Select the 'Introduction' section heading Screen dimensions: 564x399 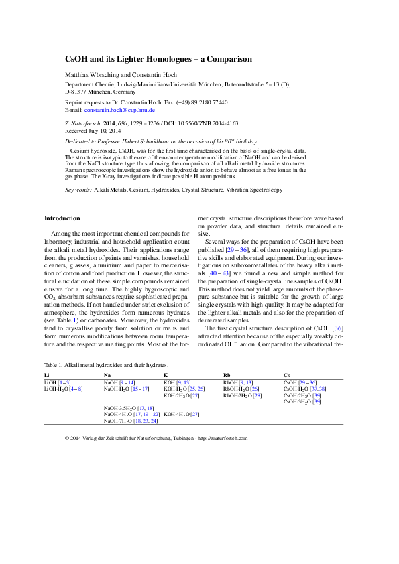[x=62, y=218]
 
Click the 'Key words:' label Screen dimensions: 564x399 [x=78, y=190]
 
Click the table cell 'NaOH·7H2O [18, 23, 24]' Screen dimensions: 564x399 [x=131, y=421]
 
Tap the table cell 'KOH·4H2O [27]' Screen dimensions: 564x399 [x=182, y=414]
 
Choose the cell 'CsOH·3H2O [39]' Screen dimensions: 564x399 [x=302, y=401]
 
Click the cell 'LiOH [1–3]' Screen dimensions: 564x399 [x=56, y=382]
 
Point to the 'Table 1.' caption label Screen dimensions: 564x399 [x=54, y=365]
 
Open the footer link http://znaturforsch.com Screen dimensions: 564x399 [x=225, y=438]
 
